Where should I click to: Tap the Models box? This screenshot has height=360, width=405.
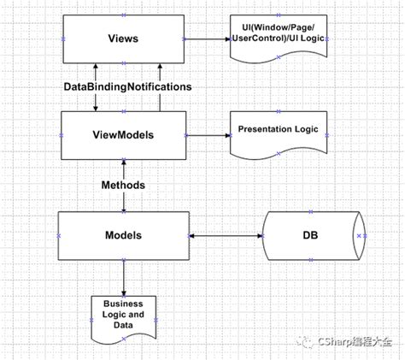tap(124, 248)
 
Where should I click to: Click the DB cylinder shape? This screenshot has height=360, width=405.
tap(314, 234)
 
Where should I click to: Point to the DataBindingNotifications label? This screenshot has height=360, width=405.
tap(128, 87)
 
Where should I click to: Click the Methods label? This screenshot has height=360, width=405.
tap(123, 185)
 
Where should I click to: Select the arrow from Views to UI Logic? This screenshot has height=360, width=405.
tap(207, 38)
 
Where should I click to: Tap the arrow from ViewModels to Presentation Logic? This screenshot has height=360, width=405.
tap(207, 134)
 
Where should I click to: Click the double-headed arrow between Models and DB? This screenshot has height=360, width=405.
tap(226, 235)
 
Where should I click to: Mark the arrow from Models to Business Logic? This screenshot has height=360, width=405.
tap(124, 277)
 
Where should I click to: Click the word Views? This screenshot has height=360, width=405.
tap(124, 38)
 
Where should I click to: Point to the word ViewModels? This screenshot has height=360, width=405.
tap(125, 134)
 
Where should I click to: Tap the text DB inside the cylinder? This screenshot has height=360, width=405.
tap(311, 234)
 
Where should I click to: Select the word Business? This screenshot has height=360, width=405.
tap(123, 304)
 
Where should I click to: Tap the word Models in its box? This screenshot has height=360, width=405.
tap(124, 234)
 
